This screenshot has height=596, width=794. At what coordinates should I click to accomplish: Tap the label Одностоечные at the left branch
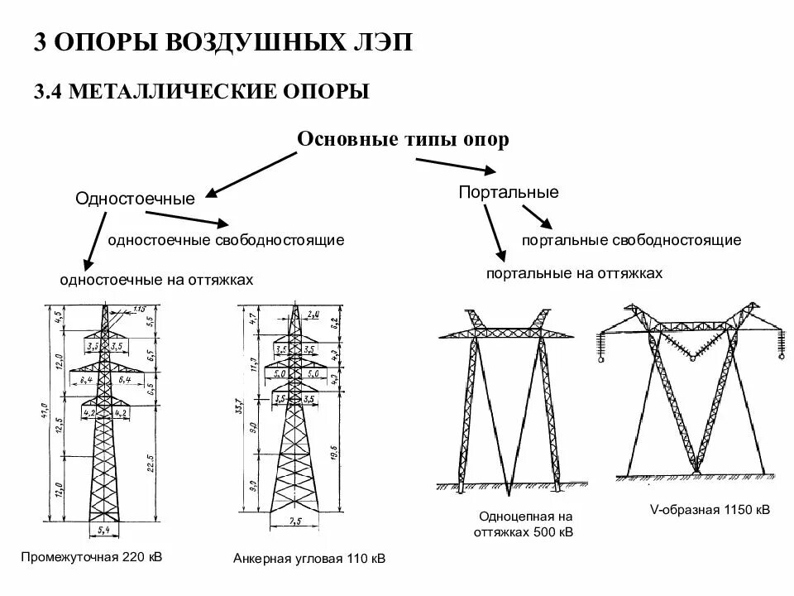tap(136, 199)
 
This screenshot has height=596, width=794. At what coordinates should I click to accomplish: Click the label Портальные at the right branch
tap(509, 192)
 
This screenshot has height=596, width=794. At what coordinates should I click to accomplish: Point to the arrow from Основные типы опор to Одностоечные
tap(249, 175)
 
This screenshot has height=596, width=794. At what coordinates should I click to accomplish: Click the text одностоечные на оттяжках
tap(156, 280)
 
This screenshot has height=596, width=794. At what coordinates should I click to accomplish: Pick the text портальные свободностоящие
tap(631, 240)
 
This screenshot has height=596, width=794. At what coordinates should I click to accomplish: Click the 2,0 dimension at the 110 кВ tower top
tap(312, 315)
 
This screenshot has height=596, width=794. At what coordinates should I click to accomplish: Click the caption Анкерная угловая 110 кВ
tap(309, 559)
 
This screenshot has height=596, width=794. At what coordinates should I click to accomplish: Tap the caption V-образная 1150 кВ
tap(710, 510)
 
